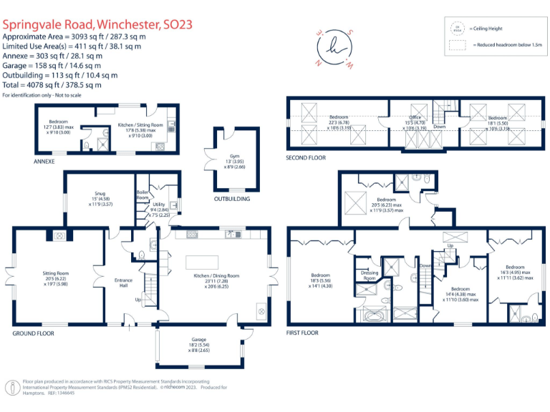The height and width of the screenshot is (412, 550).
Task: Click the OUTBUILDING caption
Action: [x=233, y=199]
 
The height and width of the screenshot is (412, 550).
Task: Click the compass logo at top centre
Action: [x=334, y=48]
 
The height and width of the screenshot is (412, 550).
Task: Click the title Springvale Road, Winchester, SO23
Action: [x=97, y=24]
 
